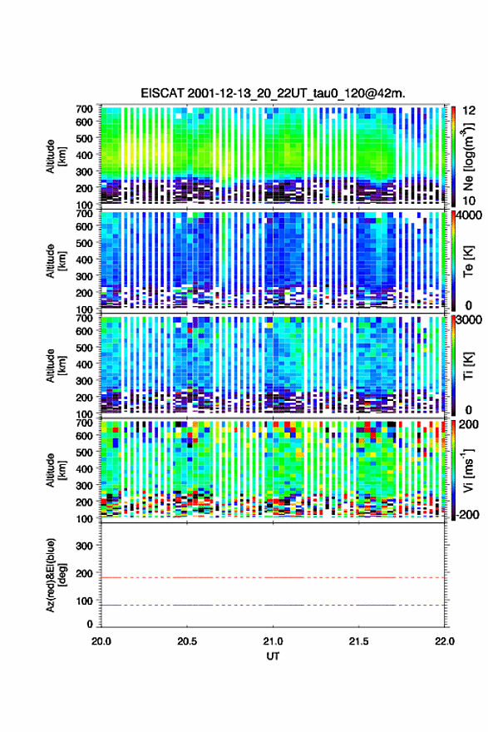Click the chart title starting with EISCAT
tap(273, 93)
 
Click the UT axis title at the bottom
tap(273, 656)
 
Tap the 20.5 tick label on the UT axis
tap(187, 641)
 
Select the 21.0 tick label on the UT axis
tap(273, 641)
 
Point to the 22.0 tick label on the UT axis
tap(444, 641)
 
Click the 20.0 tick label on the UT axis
tap(101, 641)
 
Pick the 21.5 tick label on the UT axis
tap(358, 641)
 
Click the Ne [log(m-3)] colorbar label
tap(468, 157)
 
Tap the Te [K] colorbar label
tap(468, 261)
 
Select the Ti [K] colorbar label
tap(468, 366)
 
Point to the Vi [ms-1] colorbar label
tap(468, 470)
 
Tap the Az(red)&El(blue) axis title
tap(56, 575)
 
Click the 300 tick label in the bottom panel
tap(83, 546)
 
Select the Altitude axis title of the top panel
tap(56, 156)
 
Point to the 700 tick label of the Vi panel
tap(85, 423)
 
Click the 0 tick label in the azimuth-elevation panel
tap(90, 624)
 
